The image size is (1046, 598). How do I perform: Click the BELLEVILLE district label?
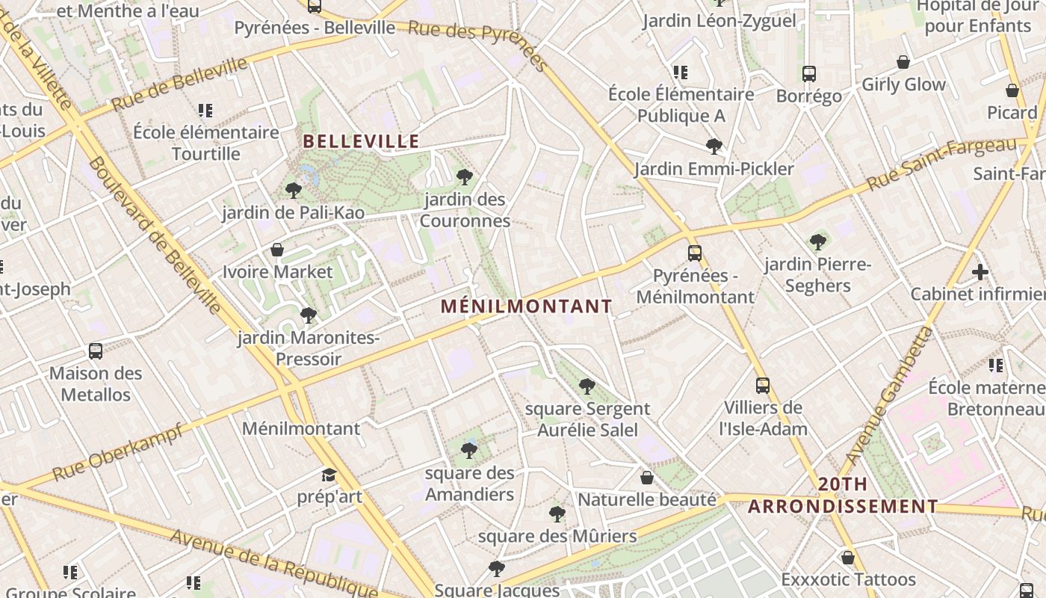coord(361,141)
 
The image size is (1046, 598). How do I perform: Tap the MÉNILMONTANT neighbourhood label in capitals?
coord(526,306)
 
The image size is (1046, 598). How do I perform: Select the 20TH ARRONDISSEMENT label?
coord(843,496)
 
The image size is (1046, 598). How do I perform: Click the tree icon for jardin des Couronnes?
coord(465,177)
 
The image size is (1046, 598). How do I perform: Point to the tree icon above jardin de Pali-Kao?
coord(294,191)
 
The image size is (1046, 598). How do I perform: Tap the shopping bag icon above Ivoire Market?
coord(277,249)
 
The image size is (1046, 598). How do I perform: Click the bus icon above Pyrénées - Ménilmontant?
coord(695,253)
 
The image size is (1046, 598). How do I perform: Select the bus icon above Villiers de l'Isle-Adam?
coord(763,386)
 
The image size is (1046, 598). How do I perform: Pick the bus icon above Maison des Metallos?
coord(96,351)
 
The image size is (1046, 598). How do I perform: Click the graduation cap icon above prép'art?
coord(329,475)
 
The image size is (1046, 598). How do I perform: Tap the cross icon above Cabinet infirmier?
coord(980,272)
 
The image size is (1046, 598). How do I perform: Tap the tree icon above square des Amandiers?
coord(469,450)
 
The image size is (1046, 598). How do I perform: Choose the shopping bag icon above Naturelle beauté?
coord(647,477)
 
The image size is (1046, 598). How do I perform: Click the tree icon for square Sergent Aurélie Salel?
coord(587,386)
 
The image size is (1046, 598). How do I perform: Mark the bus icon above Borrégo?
coord(809,74)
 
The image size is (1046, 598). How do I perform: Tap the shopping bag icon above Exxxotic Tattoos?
coord(848,558)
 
